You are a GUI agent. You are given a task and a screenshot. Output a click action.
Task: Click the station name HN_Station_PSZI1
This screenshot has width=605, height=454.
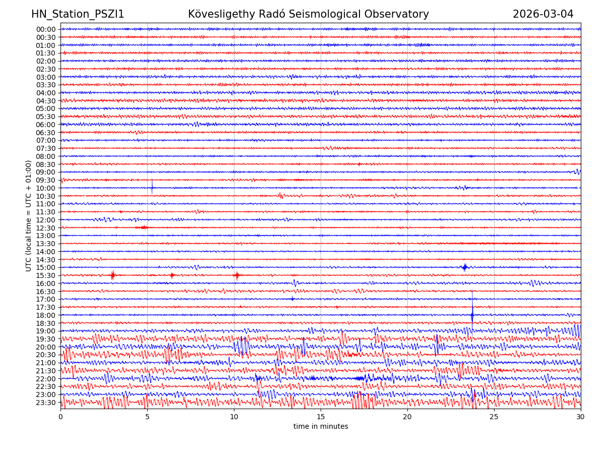coord(78,15)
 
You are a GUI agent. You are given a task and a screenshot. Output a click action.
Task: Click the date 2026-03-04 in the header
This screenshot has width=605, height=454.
coord(543,15)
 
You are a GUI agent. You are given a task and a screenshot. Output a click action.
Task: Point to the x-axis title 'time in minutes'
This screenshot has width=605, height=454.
coord(321,427)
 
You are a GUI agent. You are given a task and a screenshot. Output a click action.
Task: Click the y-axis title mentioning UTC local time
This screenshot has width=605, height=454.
coord(29,215)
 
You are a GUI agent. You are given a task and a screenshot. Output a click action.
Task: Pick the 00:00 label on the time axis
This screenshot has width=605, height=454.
coord(46,29)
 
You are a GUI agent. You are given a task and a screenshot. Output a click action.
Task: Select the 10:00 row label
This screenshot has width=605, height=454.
coord(46,188)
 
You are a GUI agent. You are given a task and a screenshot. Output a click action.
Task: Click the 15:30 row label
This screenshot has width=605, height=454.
coord(46,275)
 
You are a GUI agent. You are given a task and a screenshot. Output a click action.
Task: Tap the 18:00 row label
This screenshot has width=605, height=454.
coord(46,315)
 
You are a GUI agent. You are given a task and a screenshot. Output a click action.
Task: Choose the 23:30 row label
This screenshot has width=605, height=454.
coord(46,403)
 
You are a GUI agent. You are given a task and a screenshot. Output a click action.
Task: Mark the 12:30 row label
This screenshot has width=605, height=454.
coord(46,228)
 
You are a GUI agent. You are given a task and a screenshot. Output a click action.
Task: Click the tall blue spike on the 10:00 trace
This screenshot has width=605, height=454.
coord(152,186)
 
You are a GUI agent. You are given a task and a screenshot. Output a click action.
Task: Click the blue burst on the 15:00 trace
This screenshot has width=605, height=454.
coord(465,267)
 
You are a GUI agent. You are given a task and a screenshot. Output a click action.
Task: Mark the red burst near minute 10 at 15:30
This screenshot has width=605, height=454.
coord(236,275)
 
